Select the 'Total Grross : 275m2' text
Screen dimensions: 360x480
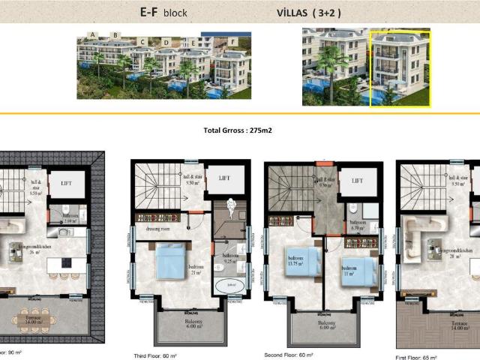(237, 130)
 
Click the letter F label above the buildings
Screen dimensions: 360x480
(233, 40)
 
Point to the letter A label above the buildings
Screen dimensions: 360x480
(92, 34)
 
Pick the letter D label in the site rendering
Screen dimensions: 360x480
(166, 42)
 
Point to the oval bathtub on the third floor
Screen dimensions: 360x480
(229, 286)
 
